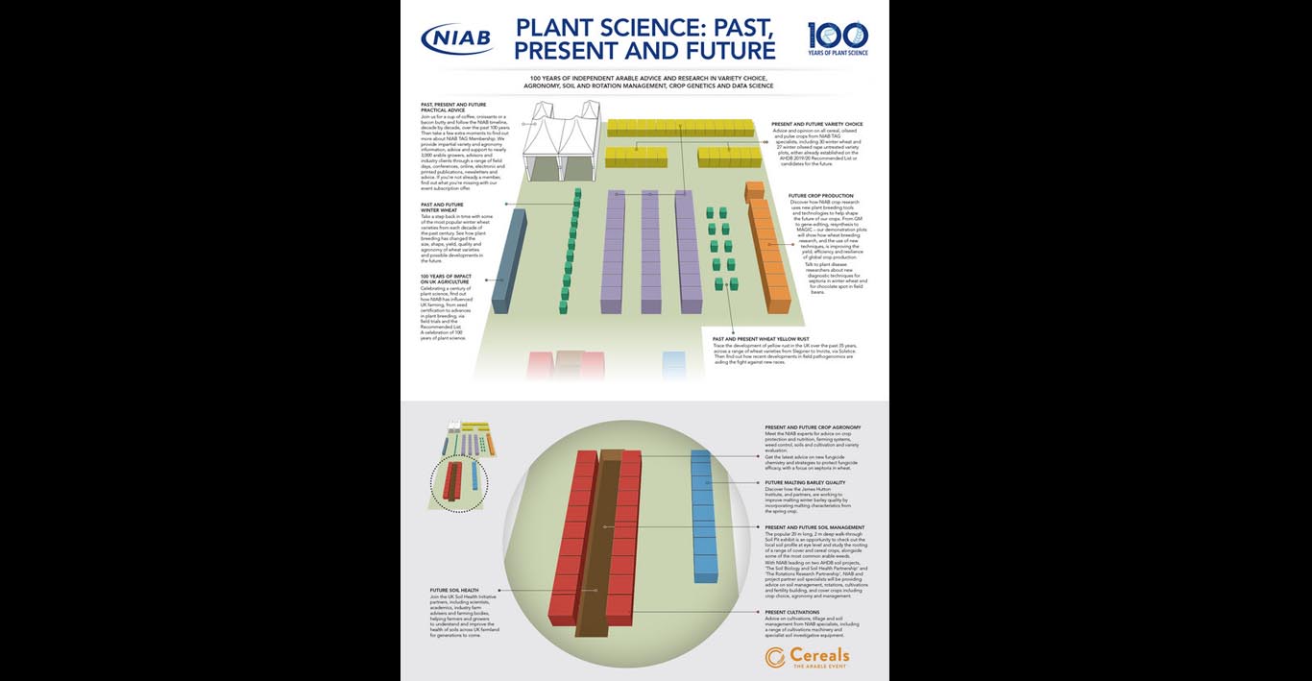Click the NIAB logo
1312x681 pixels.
[457, 39]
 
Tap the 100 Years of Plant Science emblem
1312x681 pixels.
[838, 38]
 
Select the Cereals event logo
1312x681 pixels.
[808, 657]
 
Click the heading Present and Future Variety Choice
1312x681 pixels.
[817, 124]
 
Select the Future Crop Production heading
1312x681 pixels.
[821, 196]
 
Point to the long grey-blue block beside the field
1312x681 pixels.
[508, 260]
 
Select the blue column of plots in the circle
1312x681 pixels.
[704, 516]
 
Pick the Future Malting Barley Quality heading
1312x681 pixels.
[805, 482]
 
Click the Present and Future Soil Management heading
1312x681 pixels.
[814, 527]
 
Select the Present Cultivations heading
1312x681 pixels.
[792, 612]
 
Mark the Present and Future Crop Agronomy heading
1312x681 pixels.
[813, 426]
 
